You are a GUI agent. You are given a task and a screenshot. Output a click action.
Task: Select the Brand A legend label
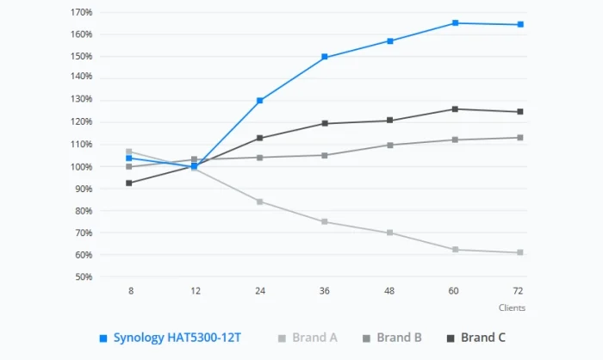tap(308, 338)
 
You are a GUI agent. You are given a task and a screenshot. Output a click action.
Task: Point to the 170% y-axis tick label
tap(82, 13)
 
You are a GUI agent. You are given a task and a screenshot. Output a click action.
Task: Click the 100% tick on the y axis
tap(82, 166)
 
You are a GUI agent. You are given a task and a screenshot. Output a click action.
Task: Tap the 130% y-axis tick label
tap(82, 99)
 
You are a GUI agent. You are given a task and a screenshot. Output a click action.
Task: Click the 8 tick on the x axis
tap(131, 291)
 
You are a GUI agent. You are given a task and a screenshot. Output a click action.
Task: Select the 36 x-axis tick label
tap(325, 291)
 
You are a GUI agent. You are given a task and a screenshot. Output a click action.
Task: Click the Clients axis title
tap(512, 307)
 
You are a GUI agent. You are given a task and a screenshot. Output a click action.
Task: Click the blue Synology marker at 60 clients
tap(455, 23)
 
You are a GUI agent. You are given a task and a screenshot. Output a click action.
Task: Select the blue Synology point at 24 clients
tap(260, 101)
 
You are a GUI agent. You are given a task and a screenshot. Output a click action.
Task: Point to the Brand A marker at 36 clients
tap(325, 221)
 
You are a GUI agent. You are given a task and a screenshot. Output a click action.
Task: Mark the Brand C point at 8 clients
tap(129, 183)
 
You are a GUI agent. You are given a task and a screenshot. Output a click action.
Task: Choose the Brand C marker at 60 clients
tap(455, 109)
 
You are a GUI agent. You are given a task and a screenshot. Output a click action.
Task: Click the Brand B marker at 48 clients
tap(390, 145)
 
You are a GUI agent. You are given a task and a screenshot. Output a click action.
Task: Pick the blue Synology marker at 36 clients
tap(325, 57)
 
